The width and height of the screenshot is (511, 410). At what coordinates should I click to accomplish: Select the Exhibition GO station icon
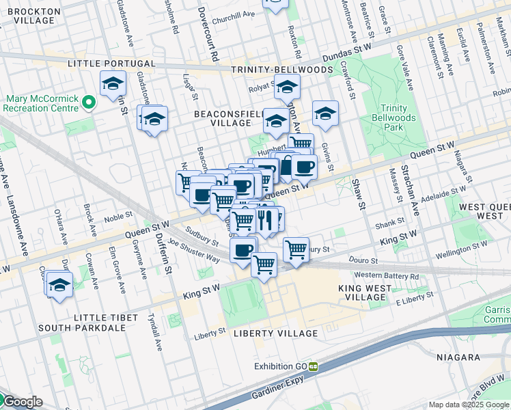[313, 366]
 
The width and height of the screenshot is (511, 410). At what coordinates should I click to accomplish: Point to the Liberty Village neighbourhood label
[275, 333]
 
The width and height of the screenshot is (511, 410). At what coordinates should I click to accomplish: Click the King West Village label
[365, 293]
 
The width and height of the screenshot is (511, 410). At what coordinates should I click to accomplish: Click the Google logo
[22, 402]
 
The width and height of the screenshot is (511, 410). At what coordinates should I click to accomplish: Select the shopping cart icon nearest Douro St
[296, 249]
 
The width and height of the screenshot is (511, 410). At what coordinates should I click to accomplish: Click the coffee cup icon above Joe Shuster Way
[243, 250]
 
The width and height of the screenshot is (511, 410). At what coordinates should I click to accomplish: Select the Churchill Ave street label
[234, 14]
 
